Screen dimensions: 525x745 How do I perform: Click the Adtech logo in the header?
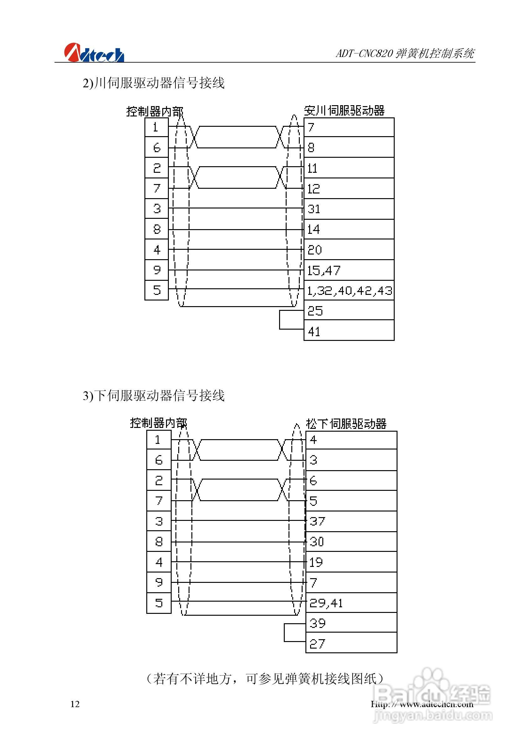click(x=94, y=53)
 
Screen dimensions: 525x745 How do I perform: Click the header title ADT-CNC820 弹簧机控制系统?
click(x=405, y=53)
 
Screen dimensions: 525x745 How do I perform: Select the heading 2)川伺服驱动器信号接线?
click(x=153, y=83)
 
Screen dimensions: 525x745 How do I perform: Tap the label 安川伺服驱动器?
click(x=344, y=110)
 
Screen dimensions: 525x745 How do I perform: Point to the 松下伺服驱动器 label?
click(x=346, y=424)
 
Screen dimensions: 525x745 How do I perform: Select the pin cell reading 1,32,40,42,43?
click(x=349, y=291)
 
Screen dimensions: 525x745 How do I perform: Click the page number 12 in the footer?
click(x=75, y=704)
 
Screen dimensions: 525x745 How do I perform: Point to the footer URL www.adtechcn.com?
click(x=422, y=704)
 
